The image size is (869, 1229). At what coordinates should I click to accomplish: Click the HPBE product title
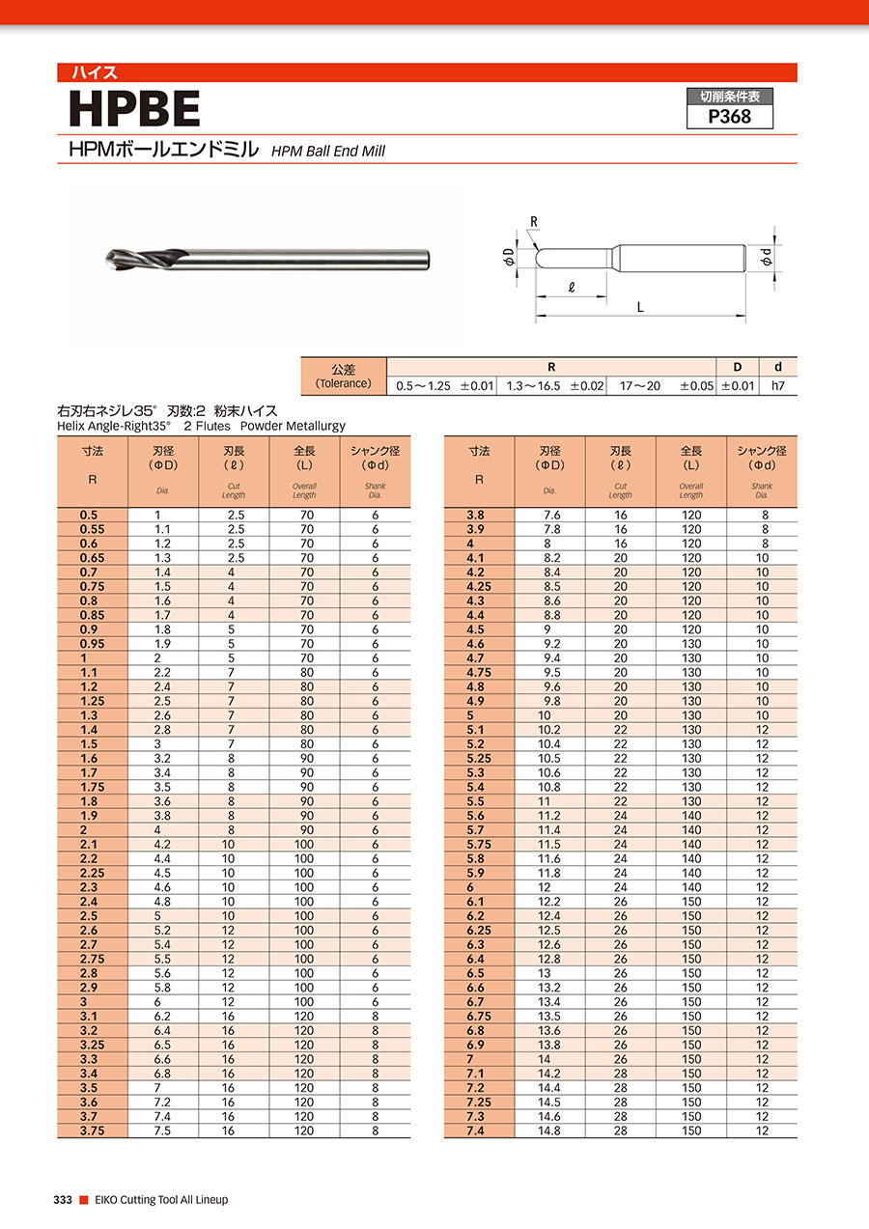(134, 109)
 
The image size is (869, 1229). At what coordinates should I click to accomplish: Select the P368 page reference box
(729, 116)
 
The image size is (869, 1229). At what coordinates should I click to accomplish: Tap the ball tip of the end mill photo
(108, 259)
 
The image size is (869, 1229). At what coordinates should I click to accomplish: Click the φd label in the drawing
(765, 258)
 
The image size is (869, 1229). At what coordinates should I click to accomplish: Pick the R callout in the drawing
(532, 221)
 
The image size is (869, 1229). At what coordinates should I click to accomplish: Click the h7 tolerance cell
(778, 385)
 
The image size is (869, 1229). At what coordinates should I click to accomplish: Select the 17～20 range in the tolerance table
(639, 385)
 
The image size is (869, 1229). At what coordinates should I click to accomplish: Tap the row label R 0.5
(92, 516)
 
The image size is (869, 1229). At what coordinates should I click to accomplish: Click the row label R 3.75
(92, 1131)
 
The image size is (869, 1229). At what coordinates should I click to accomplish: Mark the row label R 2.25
(92, 873)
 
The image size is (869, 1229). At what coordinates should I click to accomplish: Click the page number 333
(63, 1200)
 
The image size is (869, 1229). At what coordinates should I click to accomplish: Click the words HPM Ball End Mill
(327, 152)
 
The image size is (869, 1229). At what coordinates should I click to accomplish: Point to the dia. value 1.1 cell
(162, 529)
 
